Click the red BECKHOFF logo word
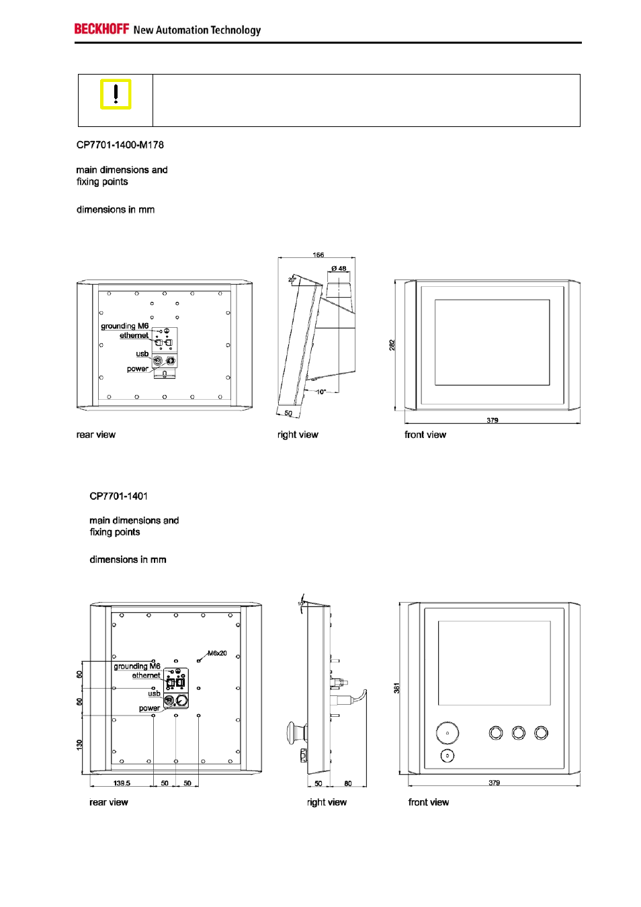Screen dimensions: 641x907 click(x=101, y=29)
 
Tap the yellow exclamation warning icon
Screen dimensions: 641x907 click(x=116, y=94)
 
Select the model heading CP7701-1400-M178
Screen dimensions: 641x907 click(x=120, y=145)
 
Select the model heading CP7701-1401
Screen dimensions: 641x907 click(x=119, y=496)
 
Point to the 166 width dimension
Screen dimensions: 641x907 click(x=318, y=255)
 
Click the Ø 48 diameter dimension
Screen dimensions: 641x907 click(x=339, y=269)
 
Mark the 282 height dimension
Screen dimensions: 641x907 click(x=392, y=345)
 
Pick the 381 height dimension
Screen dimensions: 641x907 click(x=397, y=688)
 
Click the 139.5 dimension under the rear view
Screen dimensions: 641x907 click(x=122, y=783)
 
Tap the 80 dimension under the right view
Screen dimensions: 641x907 click(x=348, y=783)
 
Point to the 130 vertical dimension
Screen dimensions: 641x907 click(x=79, y=744)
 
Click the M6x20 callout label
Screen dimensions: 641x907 click(x=217, y=653)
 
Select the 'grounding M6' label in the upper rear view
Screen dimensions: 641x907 click(x=125, y=326)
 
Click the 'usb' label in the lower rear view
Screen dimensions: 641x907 click(x=154, y=693)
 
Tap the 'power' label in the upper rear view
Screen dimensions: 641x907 click(x=138, y=369)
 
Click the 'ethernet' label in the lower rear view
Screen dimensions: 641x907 click(x=146, y=675)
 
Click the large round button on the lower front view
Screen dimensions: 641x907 click(x=447, y=733)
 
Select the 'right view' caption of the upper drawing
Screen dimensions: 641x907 click(x=298, y=435)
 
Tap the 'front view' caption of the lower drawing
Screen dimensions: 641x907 click(x=429, y=802)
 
